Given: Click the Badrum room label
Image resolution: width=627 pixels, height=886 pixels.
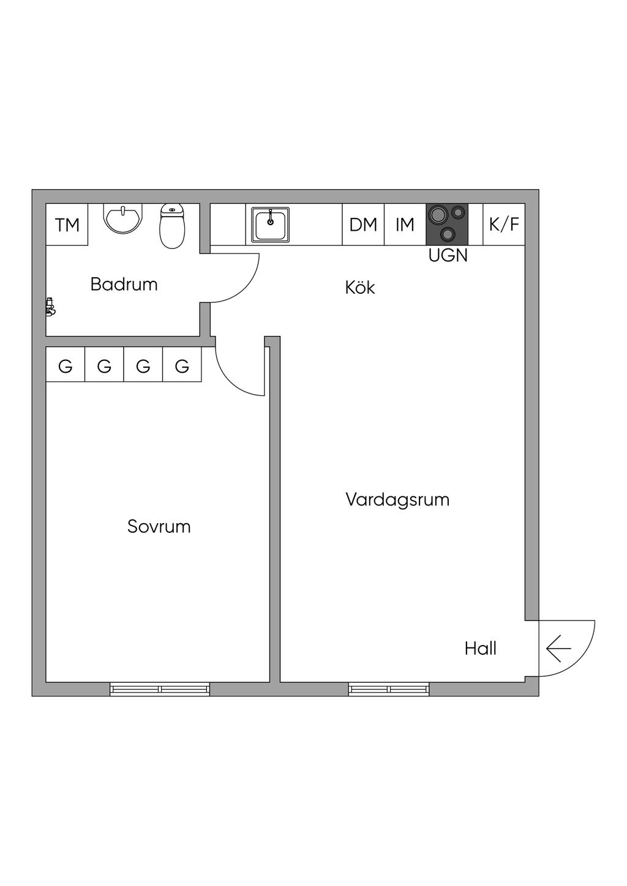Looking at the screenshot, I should tap(124, 285).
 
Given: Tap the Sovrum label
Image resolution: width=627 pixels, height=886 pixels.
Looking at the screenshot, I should tap(159, 527).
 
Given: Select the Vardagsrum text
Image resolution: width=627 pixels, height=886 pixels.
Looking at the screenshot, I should tap(397, 500).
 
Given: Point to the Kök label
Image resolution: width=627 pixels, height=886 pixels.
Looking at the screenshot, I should tap(360, 288).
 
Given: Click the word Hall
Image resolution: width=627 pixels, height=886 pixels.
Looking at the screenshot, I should tap(480, 649).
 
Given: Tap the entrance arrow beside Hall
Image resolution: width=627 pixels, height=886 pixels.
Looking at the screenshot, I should tap(558, 649).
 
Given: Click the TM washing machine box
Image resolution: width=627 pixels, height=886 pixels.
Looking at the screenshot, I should tap(67, 225).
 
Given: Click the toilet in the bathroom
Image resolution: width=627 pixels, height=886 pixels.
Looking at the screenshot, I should tap(172, 226).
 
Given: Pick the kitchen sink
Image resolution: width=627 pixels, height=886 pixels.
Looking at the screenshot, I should tap(270, 225).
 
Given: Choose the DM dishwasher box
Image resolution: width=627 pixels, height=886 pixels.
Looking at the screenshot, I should tap(363, 225).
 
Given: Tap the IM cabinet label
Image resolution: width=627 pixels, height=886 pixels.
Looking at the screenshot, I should tap(405, 225).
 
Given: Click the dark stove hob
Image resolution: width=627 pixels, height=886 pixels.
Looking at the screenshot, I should tap(447, 224).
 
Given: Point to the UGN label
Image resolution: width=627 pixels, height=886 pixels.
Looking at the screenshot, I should tap(448, 256).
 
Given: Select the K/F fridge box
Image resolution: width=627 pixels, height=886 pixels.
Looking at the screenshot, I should tap(504, 225).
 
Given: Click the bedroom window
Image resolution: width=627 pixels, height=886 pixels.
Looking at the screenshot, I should tap(160, 689).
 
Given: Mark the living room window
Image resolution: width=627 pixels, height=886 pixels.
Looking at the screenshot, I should tap(389, 689).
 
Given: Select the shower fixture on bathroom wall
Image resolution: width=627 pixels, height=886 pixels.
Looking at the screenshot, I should tap(50, 307).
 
